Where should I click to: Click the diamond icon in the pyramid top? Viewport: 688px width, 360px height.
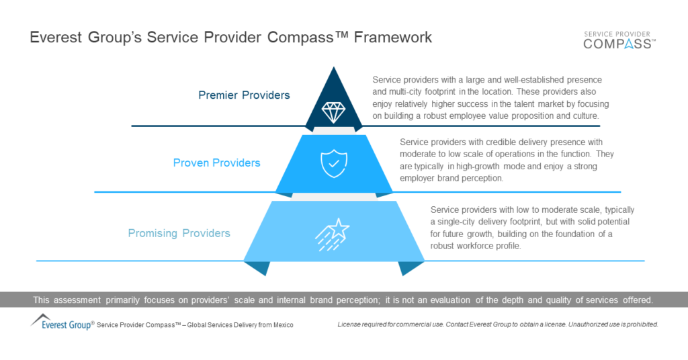334,111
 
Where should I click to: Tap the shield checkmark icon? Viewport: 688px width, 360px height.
334,163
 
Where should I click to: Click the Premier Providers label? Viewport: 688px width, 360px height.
244,95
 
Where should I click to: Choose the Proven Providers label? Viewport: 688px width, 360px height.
216,163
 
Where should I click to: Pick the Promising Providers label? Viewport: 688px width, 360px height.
179,233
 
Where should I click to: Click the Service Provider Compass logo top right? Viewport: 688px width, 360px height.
619,40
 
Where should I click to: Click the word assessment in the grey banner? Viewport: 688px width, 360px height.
79,300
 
